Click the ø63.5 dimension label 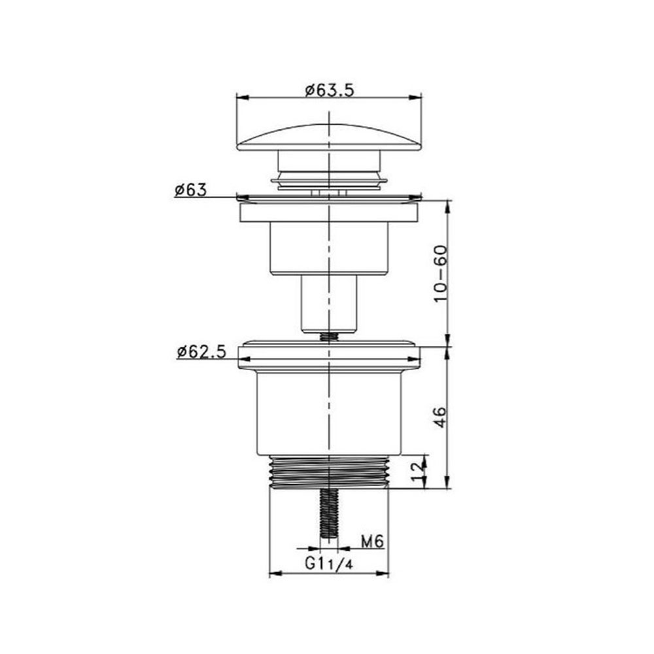[x=329, y=90]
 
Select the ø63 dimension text [x=190, y=190]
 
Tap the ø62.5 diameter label [x=201, y=352]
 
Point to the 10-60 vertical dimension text [x=440, y=273]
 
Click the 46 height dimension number [x=440, y=417]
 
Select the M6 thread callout [x=372, y=542]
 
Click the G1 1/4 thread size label [x=329, y=564]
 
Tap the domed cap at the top [x=329, y=137]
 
